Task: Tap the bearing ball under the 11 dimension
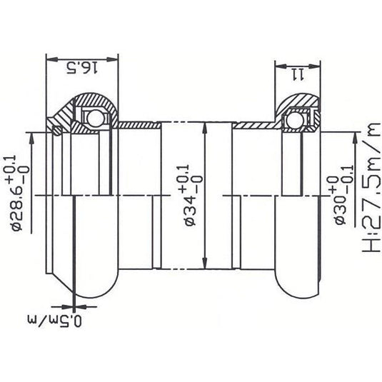pyautogui.click(x=293, y=121)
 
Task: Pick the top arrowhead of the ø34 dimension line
pyautogui.click(x=205, y=126)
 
